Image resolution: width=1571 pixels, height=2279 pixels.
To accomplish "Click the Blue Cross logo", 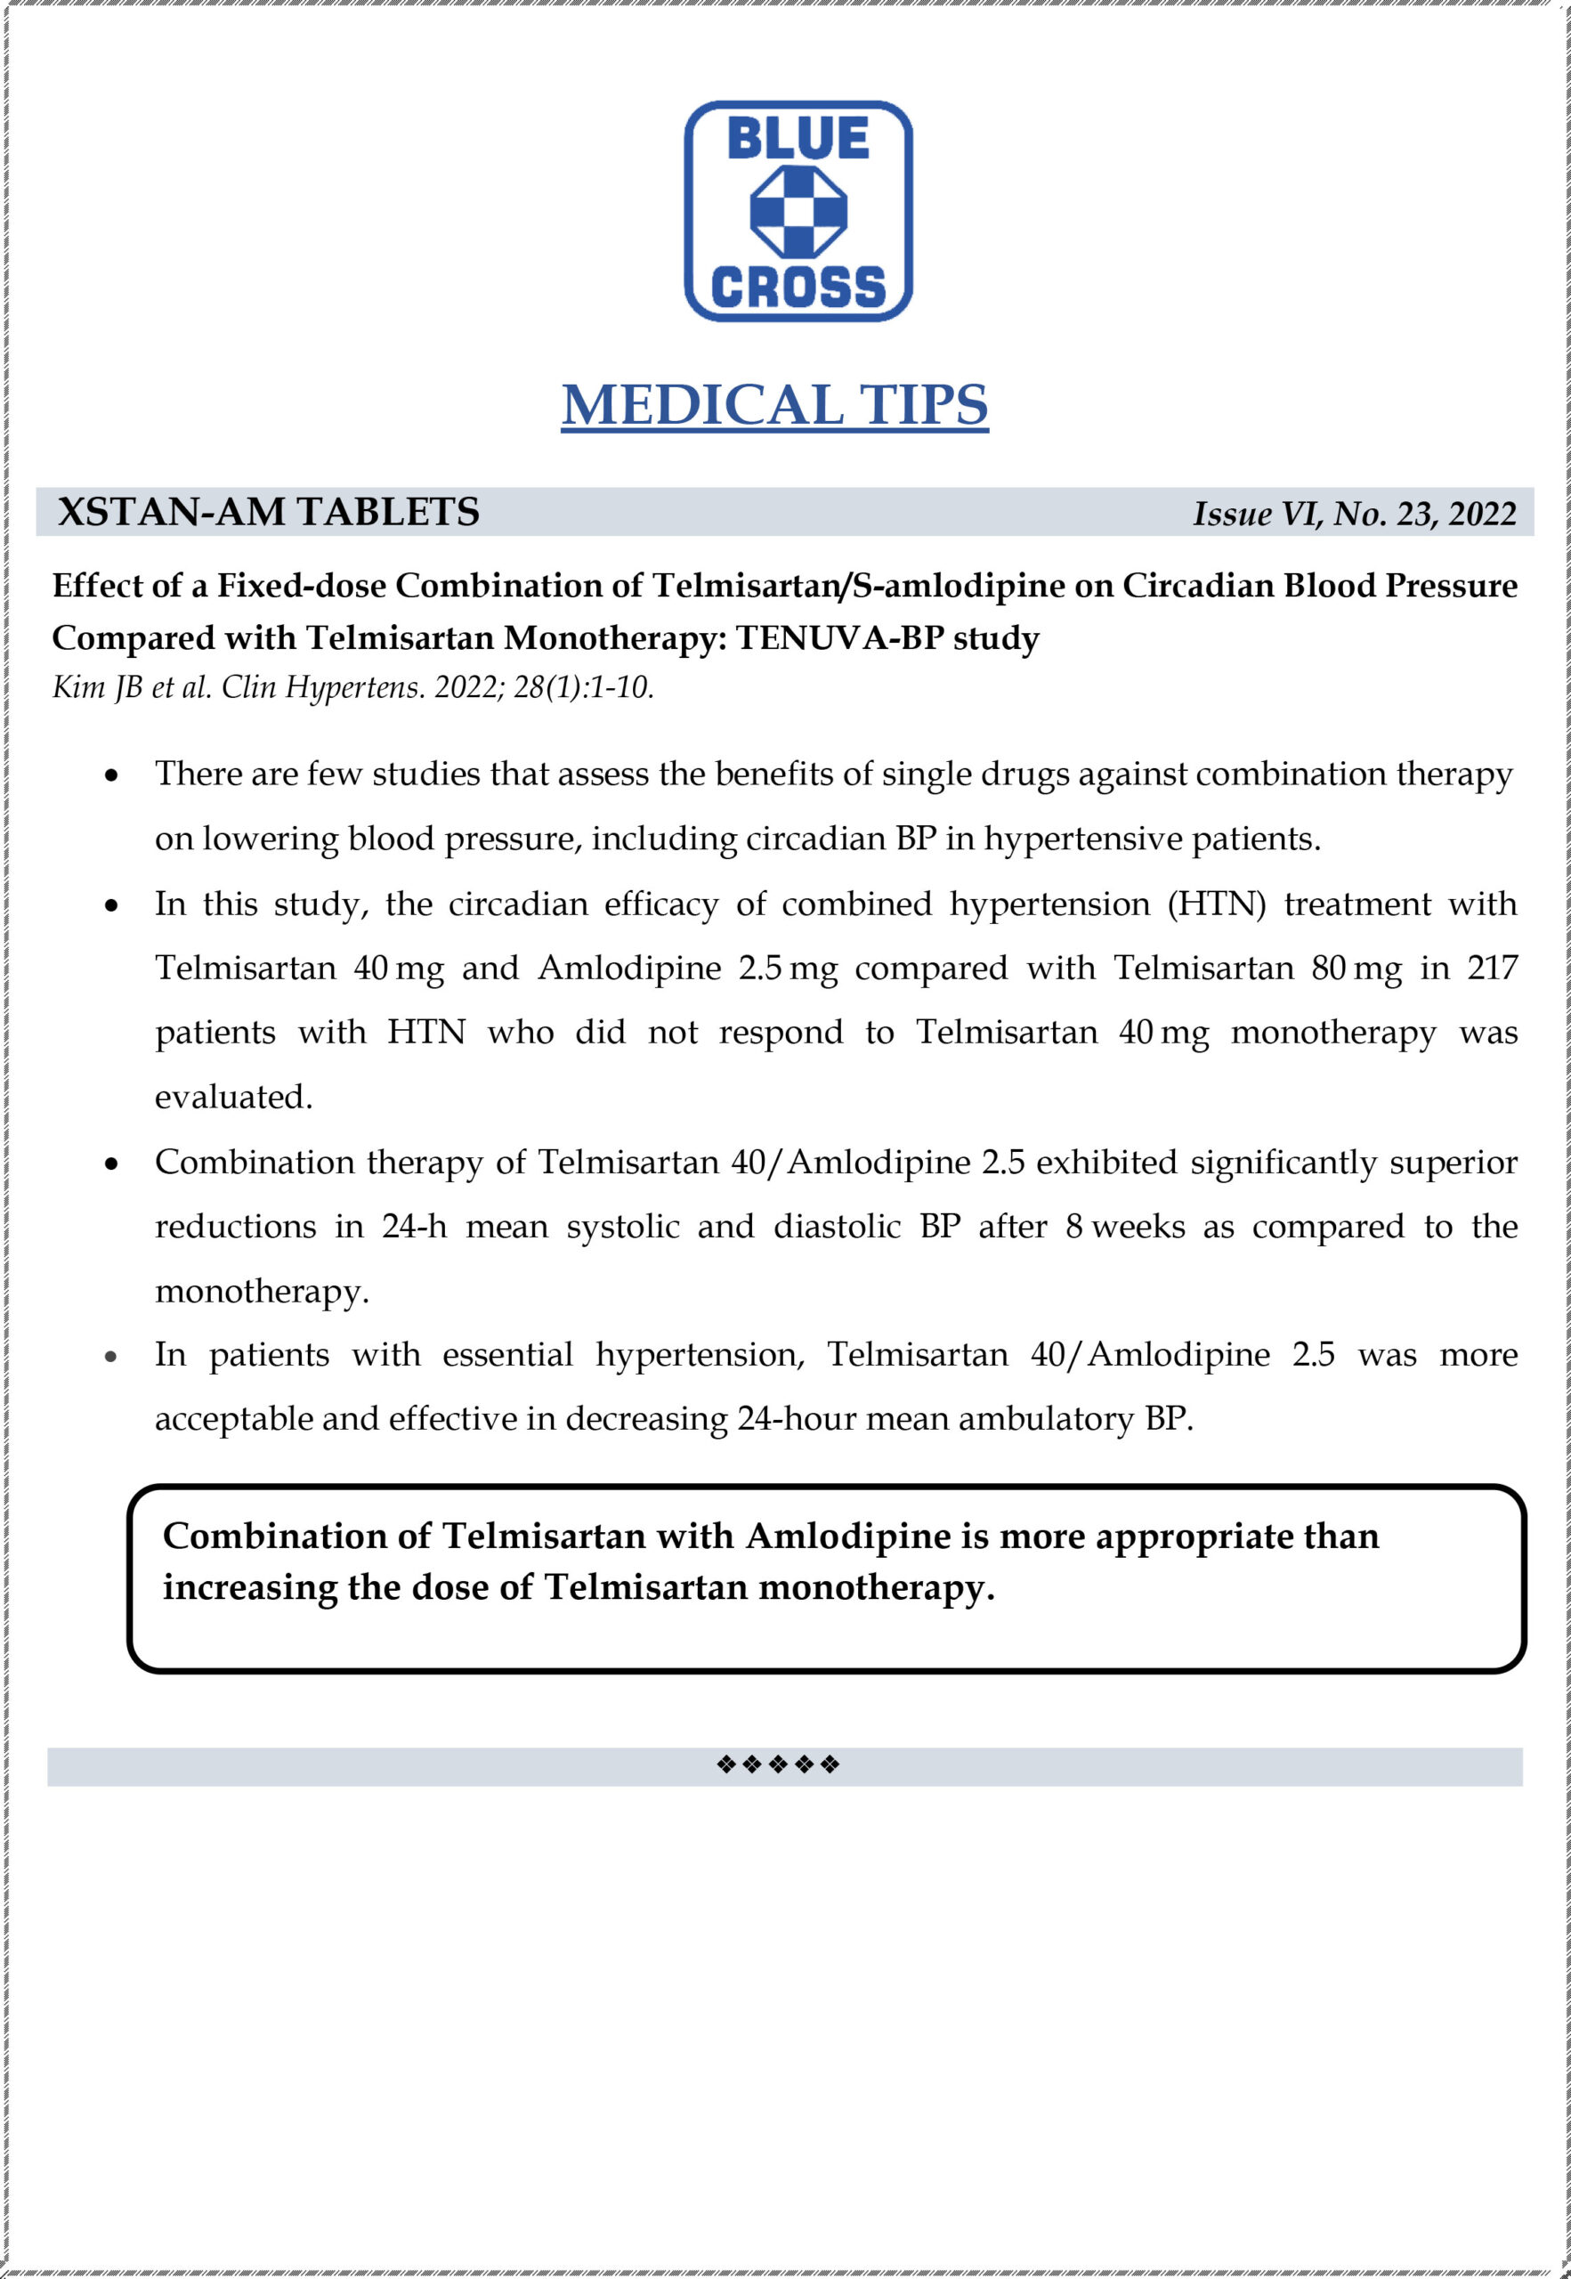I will [x=798, y=211].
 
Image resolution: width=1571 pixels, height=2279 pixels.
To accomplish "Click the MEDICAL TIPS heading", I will [x=774, y=404].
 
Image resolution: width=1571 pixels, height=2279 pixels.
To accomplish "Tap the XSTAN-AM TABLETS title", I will [x=268, y=512].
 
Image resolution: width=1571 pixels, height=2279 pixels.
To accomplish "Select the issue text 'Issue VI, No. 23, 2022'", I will [x=1355, y=514].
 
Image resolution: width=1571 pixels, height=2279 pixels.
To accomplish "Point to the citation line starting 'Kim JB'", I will [x=352, y=687].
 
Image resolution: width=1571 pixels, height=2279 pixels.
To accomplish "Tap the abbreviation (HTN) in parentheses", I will [x=1217, y=904].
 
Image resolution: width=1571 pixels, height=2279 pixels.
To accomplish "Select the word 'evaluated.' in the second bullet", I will [x=233, y=1097].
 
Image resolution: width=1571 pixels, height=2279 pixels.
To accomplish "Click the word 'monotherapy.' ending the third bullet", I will [x=262, y=1291].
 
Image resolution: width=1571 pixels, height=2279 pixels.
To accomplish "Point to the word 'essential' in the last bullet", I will [x=507, y=1355].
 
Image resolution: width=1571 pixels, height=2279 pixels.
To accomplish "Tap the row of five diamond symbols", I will [x=778, y=1764].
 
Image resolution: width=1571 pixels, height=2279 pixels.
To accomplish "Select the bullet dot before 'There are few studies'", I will [x=111, y=775].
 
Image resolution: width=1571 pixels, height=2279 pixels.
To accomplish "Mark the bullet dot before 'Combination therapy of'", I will [x=111, y=1164].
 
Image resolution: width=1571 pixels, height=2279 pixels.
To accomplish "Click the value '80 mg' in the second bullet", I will [x=1356, y=968].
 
